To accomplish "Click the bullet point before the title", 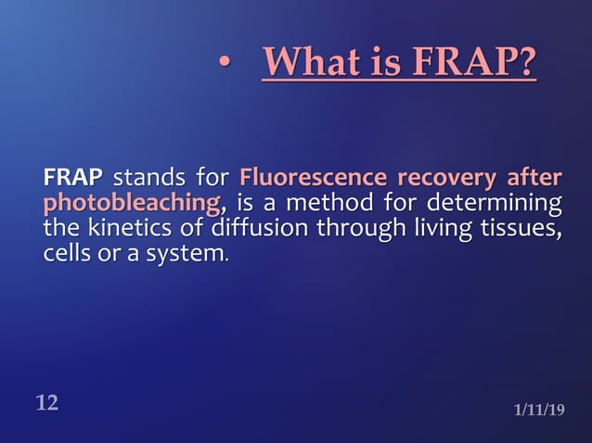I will pyautogui.click(x=223, y=65).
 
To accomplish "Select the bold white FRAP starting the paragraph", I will pyautogui.click(x=72, y=177).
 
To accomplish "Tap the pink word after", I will pyautogui.click(x=534, y=177).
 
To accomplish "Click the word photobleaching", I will pyautogui.click(x=131, y=202).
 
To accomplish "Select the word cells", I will pyautogui.click(x=69, y=253).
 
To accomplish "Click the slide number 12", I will pyautogui.click(x=47, y=402).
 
